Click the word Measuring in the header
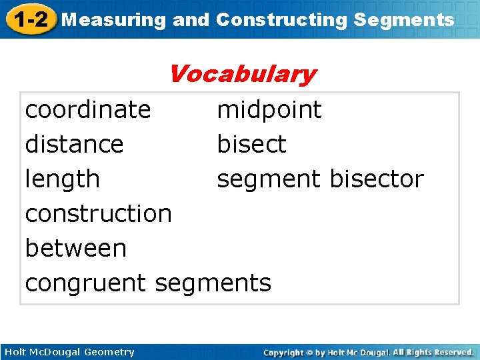coord(113,20)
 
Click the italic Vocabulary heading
coord(241,74)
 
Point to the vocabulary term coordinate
coord(88,109)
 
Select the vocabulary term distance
coord(74,144)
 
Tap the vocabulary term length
coord(62,179)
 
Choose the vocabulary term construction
coord(99,213)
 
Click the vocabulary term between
coord(75,248)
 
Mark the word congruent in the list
coord(87,283)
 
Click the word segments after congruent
coord(213,283)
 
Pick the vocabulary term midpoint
coord(269,109)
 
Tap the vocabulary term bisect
coord(251,144)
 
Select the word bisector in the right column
coord(377,179)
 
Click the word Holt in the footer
coord(15,352)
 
